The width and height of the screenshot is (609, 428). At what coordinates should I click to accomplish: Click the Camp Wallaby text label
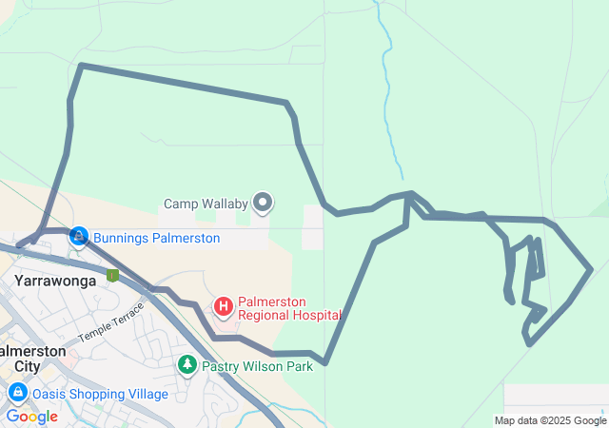(x=205, y=204)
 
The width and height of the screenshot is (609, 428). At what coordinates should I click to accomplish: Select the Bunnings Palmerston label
(x=156, y=238)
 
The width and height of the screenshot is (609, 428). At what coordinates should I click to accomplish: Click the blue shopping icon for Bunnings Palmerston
(x=80, y=237)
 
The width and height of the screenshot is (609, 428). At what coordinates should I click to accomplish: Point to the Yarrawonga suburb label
(x=54, y=281)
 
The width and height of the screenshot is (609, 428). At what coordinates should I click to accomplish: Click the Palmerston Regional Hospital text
(x=289, y=307)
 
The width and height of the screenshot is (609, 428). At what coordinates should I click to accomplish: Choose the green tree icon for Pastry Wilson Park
(x=187, y=364)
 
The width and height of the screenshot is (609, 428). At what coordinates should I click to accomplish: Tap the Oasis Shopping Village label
(x=101, y=394)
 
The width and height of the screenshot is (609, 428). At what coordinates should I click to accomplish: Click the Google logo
(x=31, y=417)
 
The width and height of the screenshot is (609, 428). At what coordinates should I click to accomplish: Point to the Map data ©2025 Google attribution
(x=549, y=420)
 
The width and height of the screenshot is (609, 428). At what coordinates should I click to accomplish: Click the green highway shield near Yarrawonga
(x=112, y=276)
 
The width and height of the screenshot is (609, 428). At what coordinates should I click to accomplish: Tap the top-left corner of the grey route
(x=81, y=65)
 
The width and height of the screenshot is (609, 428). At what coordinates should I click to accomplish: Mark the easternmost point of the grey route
(x=591, y=269)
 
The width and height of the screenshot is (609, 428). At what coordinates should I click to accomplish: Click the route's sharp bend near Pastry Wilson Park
(x=325, y=362)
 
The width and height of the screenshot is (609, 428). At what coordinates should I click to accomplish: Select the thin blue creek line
(x=386, y=76)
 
